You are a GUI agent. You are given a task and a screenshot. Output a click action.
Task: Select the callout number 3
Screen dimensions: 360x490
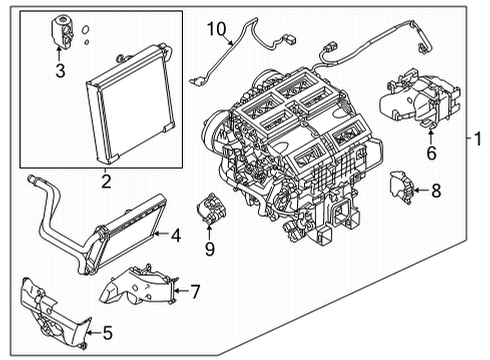pos(60,70)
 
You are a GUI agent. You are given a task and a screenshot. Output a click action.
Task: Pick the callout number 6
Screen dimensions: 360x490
pos(431,154)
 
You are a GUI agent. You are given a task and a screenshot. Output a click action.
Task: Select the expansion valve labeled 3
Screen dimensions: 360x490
pos(59,35)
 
